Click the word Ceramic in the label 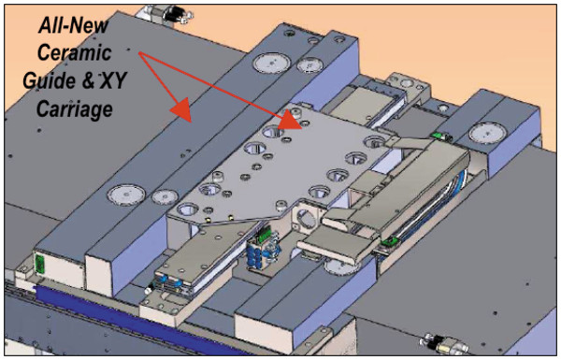pyautogui.click(x=75, y=53)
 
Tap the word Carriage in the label pyautogui.click(x=75, y=108)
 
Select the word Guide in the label pyautogui.click(x=50, y=80)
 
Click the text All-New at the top pyautogui.click(x=73, y=25)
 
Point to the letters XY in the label pyautogui.click(x=113, y=80)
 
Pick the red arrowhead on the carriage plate pyautogui.click(x=290, y=119)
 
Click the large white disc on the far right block pyautogui.click(x=487, y=133)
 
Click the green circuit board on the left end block pyautogui.click(x=39, y=264)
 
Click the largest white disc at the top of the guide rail pyautogui.click(x=272, y=63)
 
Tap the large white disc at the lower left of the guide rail pyautogui.click(x=126, y=195)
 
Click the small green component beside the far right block pyautogui.click(x=438, y=135)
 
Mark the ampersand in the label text pyautogui.click(x=89, y=80)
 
